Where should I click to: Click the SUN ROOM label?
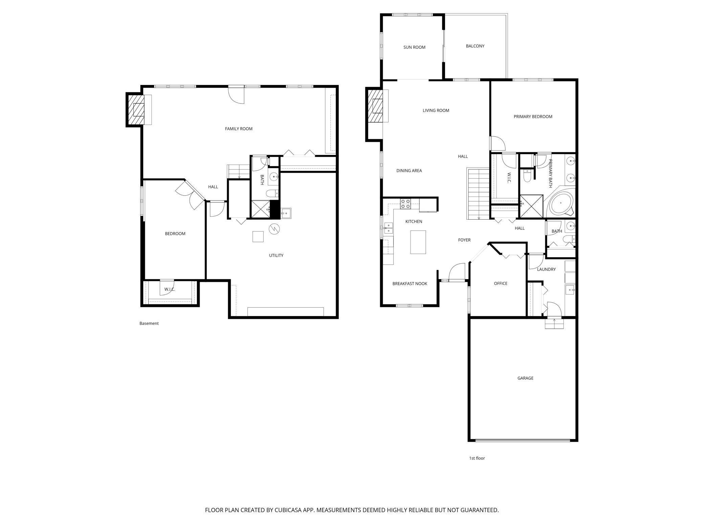pos(414,47)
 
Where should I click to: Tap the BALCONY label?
pos(475,46)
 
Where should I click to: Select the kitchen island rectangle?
pos(418,242)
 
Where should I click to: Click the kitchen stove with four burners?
pos(405,204)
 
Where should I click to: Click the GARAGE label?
pos(525,378)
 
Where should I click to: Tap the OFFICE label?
pos(501,284)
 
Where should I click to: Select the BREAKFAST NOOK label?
pos(410,284)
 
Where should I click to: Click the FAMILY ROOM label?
pos(239,129)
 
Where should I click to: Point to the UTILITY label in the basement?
pos(276,256)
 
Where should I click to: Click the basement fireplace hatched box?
pos(135,110)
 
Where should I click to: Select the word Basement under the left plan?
pos(149,324)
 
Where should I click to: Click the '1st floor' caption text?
pos(477,458)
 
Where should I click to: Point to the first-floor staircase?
pos(479,194)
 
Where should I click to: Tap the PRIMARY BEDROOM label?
pos(533,117)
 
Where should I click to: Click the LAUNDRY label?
pos(546,269)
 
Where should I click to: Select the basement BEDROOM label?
pos(175,234)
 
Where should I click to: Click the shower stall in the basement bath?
pos(260,208)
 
